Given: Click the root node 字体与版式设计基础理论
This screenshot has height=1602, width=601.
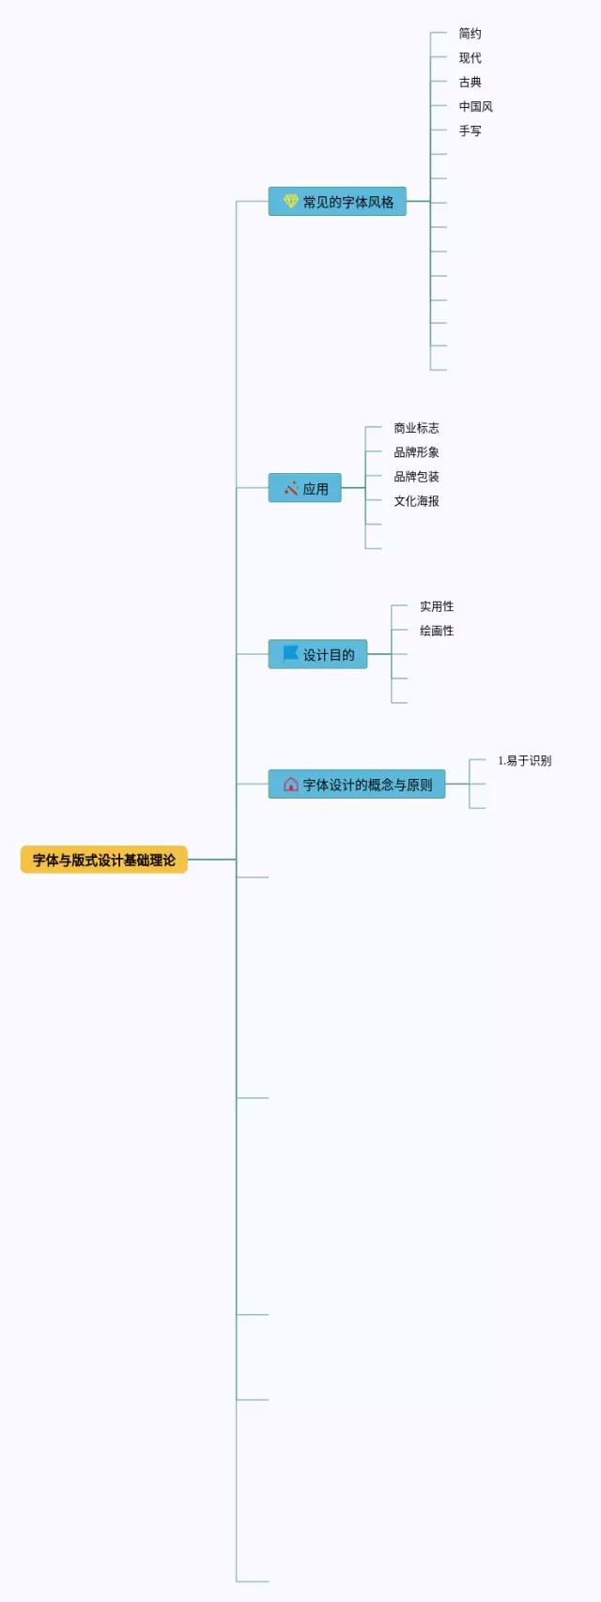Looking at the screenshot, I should [104, 860].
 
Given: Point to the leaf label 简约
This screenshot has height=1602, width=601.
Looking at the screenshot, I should [470, 34].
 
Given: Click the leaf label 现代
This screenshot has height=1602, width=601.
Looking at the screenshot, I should [470, 58].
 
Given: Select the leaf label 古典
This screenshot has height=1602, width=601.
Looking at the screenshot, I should [470, 83].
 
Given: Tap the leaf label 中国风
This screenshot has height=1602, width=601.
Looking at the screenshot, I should [475, 107].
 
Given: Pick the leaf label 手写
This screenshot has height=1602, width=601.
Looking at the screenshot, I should [470, 131].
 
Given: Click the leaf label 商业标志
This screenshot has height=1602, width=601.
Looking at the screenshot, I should [416, 428].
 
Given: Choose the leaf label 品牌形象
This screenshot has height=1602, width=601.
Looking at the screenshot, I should [416, 452].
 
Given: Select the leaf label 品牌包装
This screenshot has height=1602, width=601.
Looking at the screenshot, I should [416, 477].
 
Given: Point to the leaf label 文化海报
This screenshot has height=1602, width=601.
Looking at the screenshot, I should [416, 501].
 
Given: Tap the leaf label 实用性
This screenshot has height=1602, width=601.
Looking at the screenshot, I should [437, 606].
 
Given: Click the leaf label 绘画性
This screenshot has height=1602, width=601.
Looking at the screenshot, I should [437, 631].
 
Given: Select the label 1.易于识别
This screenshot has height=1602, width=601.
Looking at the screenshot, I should [525, 761].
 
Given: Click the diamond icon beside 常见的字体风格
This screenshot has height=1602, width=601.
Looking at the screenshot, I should [291, 201].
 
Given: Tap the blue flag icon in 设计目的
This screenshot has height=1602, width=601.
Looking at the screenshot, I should [291, 653].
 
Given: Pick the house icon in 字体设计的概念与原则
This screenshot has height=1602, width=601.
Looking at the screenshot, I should [291, 785].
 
